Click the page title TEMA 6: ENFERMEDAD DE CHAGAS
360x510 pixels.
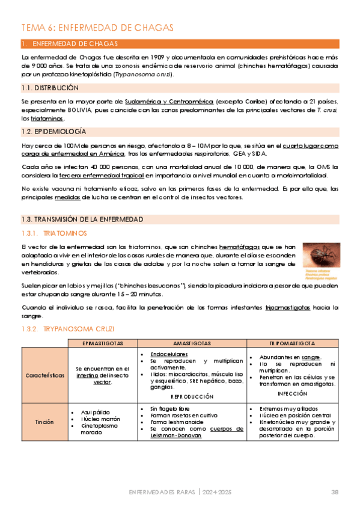(x=97, y=28)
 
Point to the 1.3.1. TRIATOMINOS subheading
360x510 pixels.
(x=58, y=233)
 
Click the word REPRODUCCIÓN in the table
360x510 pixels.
(x=192, y=397)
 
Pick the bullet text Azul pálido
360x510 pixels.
(x=95, y=411)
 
